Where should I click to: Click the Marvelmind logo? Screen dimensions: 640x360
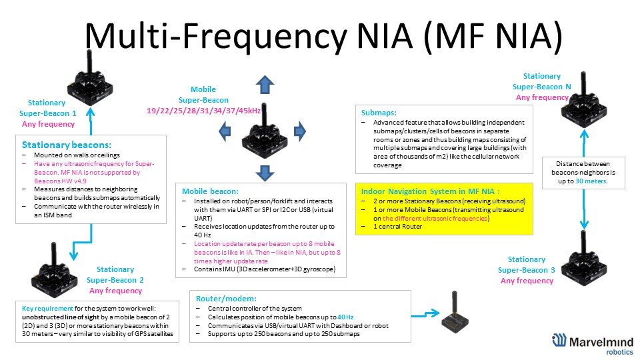pos(593,344)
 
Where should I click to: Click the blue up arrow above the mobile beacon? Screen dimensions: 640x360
pos(265,85)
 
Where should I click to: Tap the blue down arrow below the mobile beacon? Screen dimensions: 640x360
pos(265,173)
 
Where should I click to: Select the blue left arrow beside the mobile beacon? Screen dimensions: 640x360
pos(225,131)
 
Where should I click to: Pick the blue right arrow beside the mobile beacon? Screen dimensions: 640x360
pos(299,131)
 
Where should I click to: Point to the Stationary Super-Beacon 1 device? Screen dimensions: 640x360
pos(90,78)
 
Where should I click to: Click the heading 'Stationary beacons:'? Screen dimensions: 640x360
pos(67,145)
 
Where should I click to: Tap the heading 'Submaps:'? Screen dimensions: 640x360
pos(379,113)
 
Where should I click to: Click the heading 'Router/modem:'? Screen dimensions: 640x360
pos(226,299)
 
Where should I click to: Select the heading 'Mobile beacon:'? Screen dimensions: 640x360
pos(210,191)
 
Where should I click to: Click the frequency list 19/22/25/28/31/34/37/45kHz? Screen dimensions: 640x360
pos(204,111)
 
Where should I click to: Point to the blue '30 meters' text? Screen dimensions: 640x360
pos(591,181)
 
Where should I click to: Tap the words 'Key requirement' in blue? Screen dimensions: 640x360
pos(47,309)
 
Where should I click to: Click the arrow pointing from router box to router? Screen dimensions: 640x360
pos(425,314)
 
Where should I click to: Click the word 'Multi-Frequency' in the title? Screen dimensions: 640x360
pos(215,36)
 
